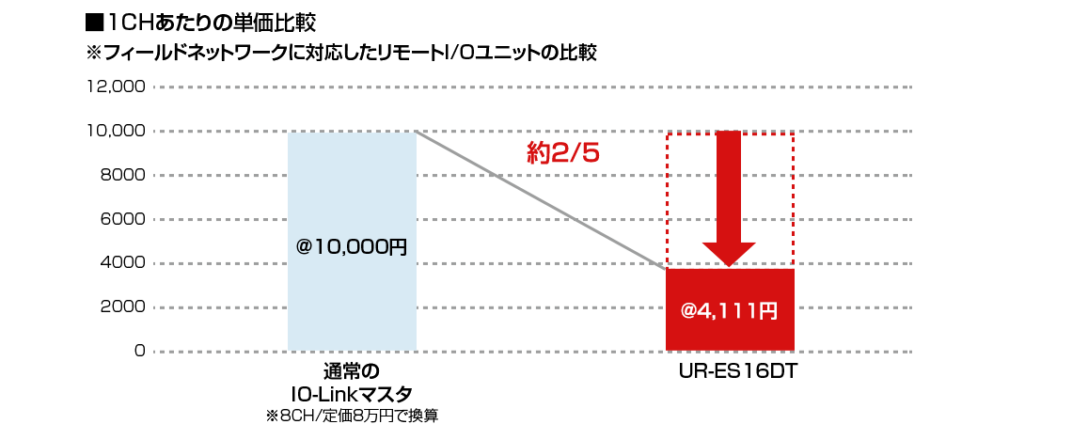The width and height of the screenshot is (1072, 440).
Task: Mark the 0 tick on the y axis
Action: coord(140,351)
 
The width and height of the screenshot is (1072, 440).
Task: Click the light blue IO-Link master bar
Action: coord(352,242)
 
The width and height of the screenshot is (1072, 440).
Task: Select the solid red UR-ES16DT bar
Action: coord(730,309)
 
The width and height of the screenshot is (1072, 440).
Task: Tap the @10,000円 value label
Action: coord(352,247)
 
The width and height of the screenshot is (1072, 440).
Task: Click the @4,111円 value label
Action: coord(730,311)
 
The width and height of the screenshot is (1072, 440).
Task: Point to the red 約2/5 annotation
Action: coord(562,153)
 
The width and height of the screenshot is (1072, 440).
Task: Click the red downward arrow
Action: coord(729,198)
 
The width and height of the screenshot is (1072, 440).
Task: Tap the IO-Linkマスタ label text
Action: coord(352,394)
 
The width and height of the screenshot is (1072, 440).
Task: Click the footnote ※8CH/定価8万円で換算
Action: coord(352,416)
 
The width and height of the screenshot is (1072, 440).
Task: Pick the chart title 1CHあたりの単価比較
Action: coord(212,24)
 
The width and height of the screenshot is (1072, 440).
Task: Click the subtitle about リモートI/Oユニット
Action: coord(340,54)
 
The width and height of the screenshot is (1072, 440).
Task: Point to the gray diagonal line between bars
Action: coord(541,200)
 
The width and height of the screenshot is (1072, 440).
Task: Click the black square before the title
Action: coord(94,24)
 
